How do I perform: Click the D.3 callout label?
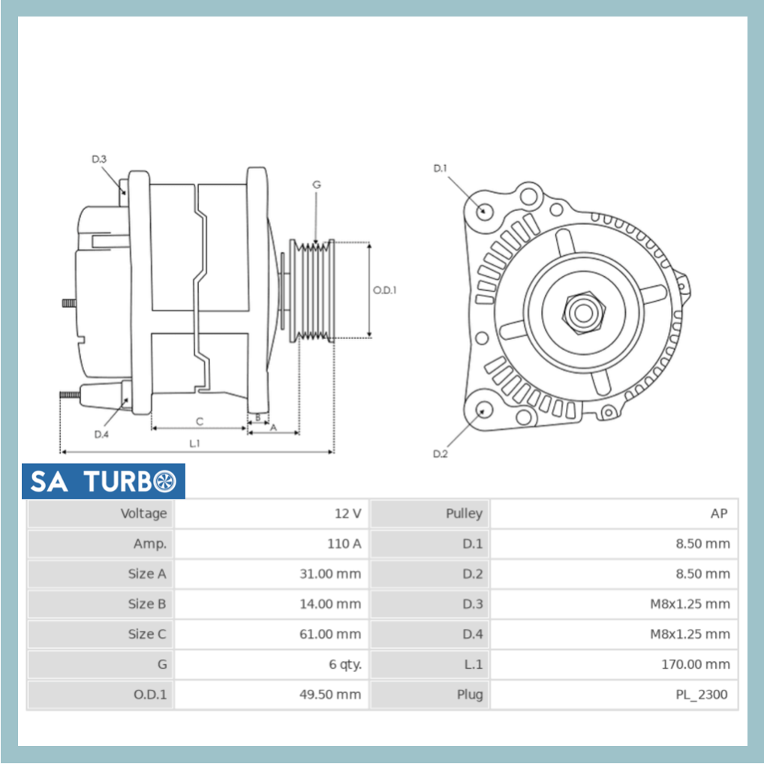pyautogui.click(x=99, y=159)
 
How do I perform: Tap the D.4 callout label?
pyautogui.click(x=101, y=435)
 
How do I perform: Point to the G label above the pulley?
pyautogui.click(x=316, y=185)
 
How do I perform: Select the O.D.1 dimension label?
pyautogui.click(x=384, y=290)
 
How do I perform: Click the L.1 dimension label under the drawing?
pyautogui.click(x=194, y=444)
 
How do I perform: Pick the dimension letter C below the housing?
pyautogui.click(x=200, y=421)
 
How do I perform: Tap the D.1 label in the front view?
pyautogui.click(x=440, y=168)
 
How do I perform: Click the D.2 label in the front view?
pyautogui.click(x=440, y=454)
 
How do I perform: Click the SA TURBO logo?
pyautogui.click(x=103, y=482)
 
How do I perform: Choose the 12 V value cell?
pyautogui.click(x=347, y=514)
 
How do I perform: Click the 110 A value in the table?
pyautogui.click(x=345, y=544)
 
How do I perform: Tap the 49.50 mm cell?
pyautogui.click(x=330, y=694)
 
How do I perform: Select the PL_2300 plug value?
pyautogui.click(x=701, y=694)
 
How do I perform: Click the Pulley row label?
pyautogui.click(x=463, y=514)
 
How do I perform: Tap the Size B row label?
pyautogui.click(x=146, y=604)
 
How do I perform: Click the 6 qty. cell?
pyautogui.click(x=344, y=664)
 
